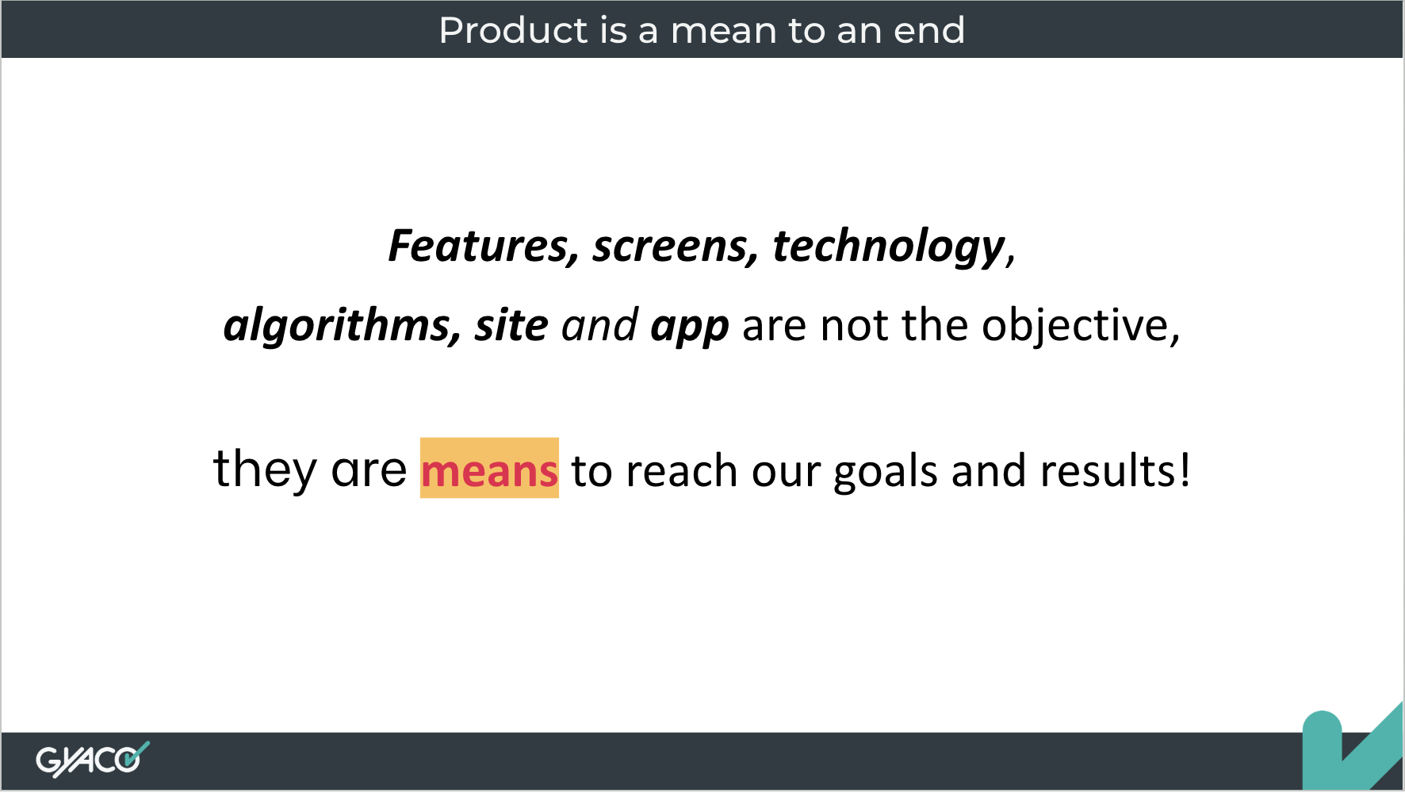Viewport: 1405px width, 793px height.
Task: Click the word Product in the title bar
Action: pyautogui.click(x=513, y=30)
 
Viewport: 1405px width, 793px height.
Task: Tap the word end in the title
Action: pyautogui.click(x=929, y=30)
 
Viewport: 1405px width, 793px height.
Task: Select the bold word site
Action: pyautogui.click(x=511, y=325)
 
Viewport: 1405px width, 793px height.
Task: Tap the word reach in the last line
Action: pyautogui.click(x=682, y=471)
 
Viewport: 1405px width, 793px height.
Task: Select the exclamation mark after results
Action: pyautogui.click(x=1185, y=469)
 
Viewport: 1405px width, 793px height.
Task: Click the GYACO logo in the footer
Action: pyautogui.click(x=92, y=760)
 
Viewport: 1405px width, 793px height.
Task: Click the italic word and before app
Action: pyautogui.click(x=599, y=326)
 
